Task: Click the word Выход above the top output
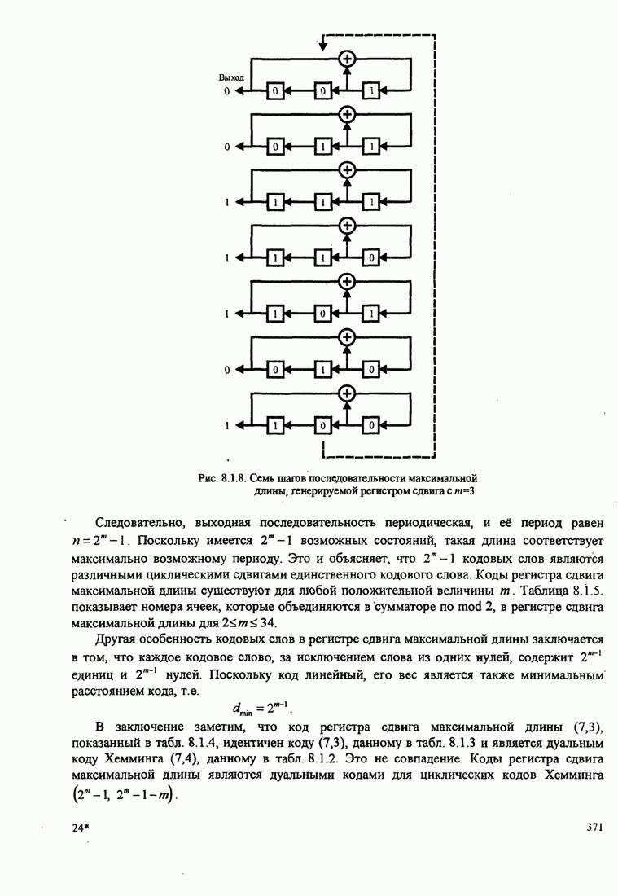[231, 77]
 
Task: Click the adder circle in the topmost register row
[348, 59]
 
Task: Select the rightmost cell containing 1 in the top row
[371, 91]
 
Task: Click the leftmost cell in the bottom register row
[275, 425]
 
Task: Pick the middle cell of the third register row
[323, 202]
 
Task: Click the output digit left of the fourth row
[229, 258]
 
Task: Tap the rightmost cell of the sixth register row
[371, 370]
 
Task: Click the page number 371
[594, 828]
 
